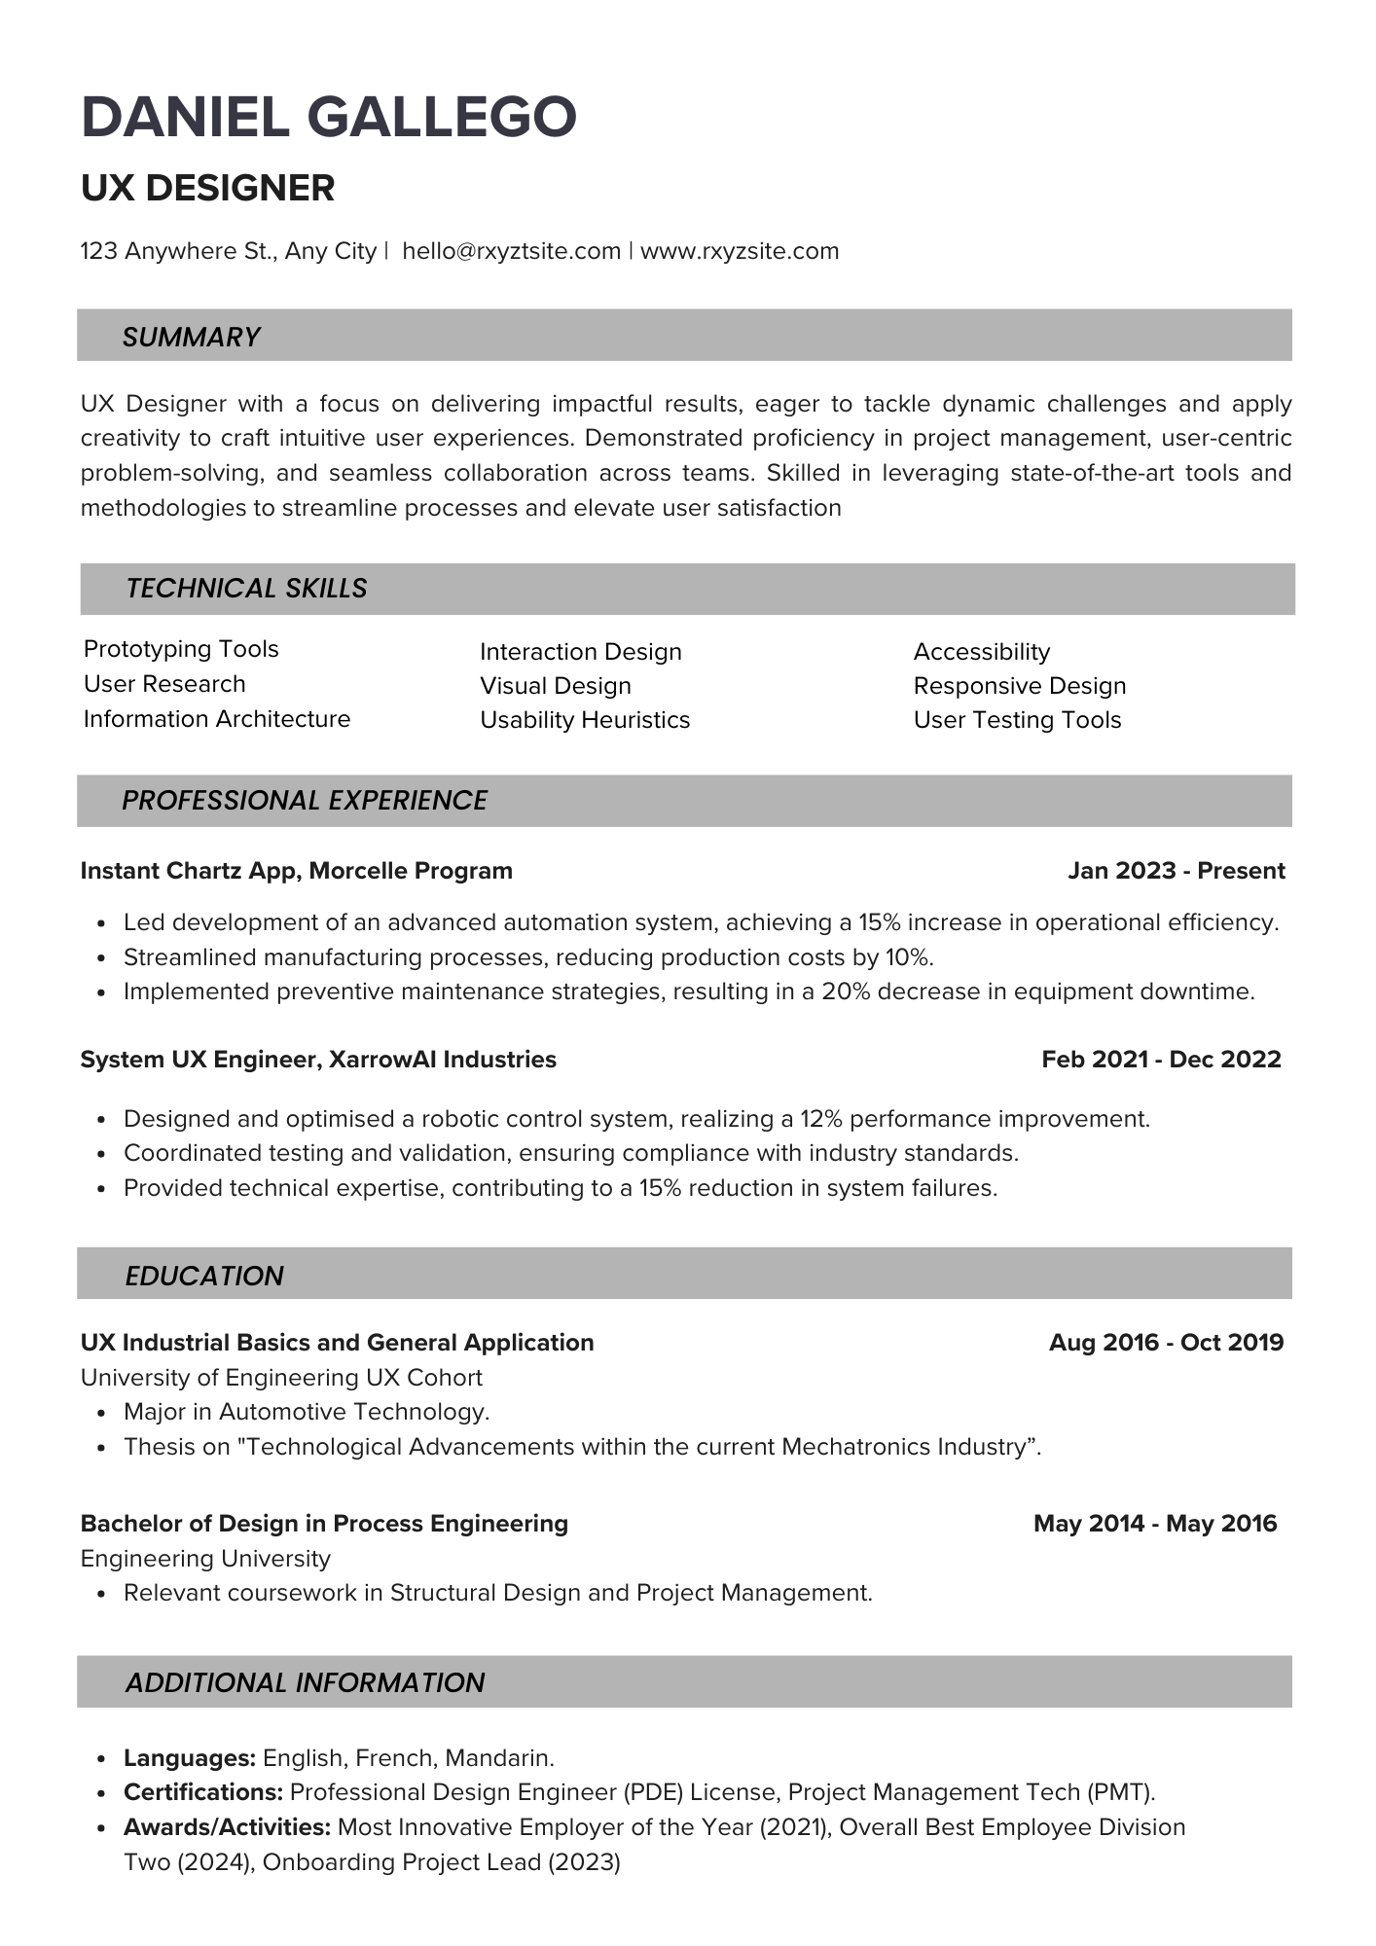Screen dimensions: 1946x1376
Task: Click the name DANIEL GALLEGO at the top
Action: coord(329,117)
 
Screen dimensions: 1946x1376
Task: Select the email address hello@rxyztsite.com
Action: coord(511,251)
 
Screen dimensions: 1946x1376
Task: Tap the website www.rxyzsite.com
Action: coord(740,251)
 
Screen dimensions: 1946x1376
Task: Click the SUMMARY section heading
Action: coord(191,337)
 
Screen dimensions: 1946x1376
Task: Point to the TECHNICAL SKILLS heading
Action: coord(246,588)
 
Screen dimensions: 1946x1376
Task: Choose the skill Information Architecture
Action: coord(217,719)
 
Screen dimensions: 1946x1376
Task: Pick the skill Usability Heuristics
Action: coord(585,720)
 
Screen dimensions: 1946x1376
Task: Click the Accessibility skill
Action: coord(982,652)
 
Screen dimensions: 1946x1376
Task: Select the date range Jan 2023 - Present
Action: coord(1176,871)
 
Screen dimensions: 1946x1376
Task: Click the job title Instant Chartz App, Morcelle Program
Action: coord(296,871)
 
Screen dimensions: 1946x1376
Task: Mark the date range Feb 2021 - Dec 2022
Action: coord(1161,1060)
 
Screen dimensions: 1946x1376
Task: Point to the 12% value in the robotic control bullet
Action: coord(815,1119)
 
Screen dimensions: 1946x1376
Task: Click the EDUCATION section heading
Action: coord(204,1276)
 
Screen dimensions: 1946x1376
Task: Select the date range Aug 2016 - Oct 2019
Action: coord(1166,1343)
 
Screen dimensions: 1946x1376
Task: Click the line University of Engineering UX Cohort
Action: coord(281,1378)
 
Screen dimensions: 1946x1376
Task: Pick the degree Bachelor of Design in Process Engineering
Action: coord(324,1524)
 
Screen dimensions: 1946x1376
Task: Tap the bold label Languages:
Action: coord(190,1758)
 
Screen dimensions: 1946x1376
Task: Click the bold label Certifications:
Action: coord(203,1792)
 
